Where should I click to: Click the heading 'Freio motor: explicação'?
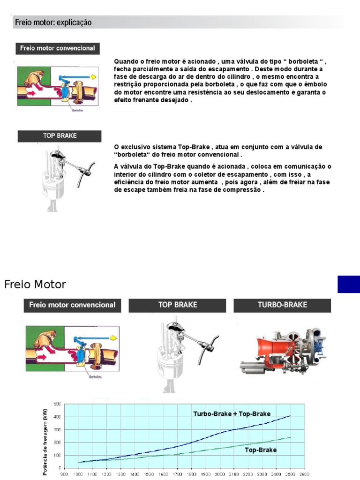(53, 22)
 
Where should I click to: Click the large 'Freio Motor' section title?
(35, 284)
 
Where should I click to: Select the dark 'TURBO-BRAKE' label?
(282, 305)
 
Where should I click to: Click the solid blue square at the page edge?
(348, 285)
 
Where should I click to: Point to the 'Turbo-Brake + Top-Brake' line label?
(232, 414)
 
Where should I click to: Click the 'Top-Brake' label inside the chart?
(261, 450)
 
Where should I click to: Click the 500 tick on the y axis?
(57, 404)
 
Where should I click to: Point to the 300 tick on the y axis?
(57, 429)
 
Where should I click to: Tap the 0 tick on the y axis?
(60, 468)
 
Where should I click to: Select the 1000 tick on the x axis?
(78, 474)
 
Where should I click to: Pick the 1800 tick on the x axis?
(191, 474)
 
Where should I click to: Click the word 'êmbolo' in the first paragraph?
(315, 84)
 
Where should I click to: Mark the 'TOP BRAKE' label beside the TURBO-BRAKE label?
(178, 305)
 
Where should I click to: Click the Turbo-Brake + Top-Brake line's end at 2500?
(290, 416)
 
